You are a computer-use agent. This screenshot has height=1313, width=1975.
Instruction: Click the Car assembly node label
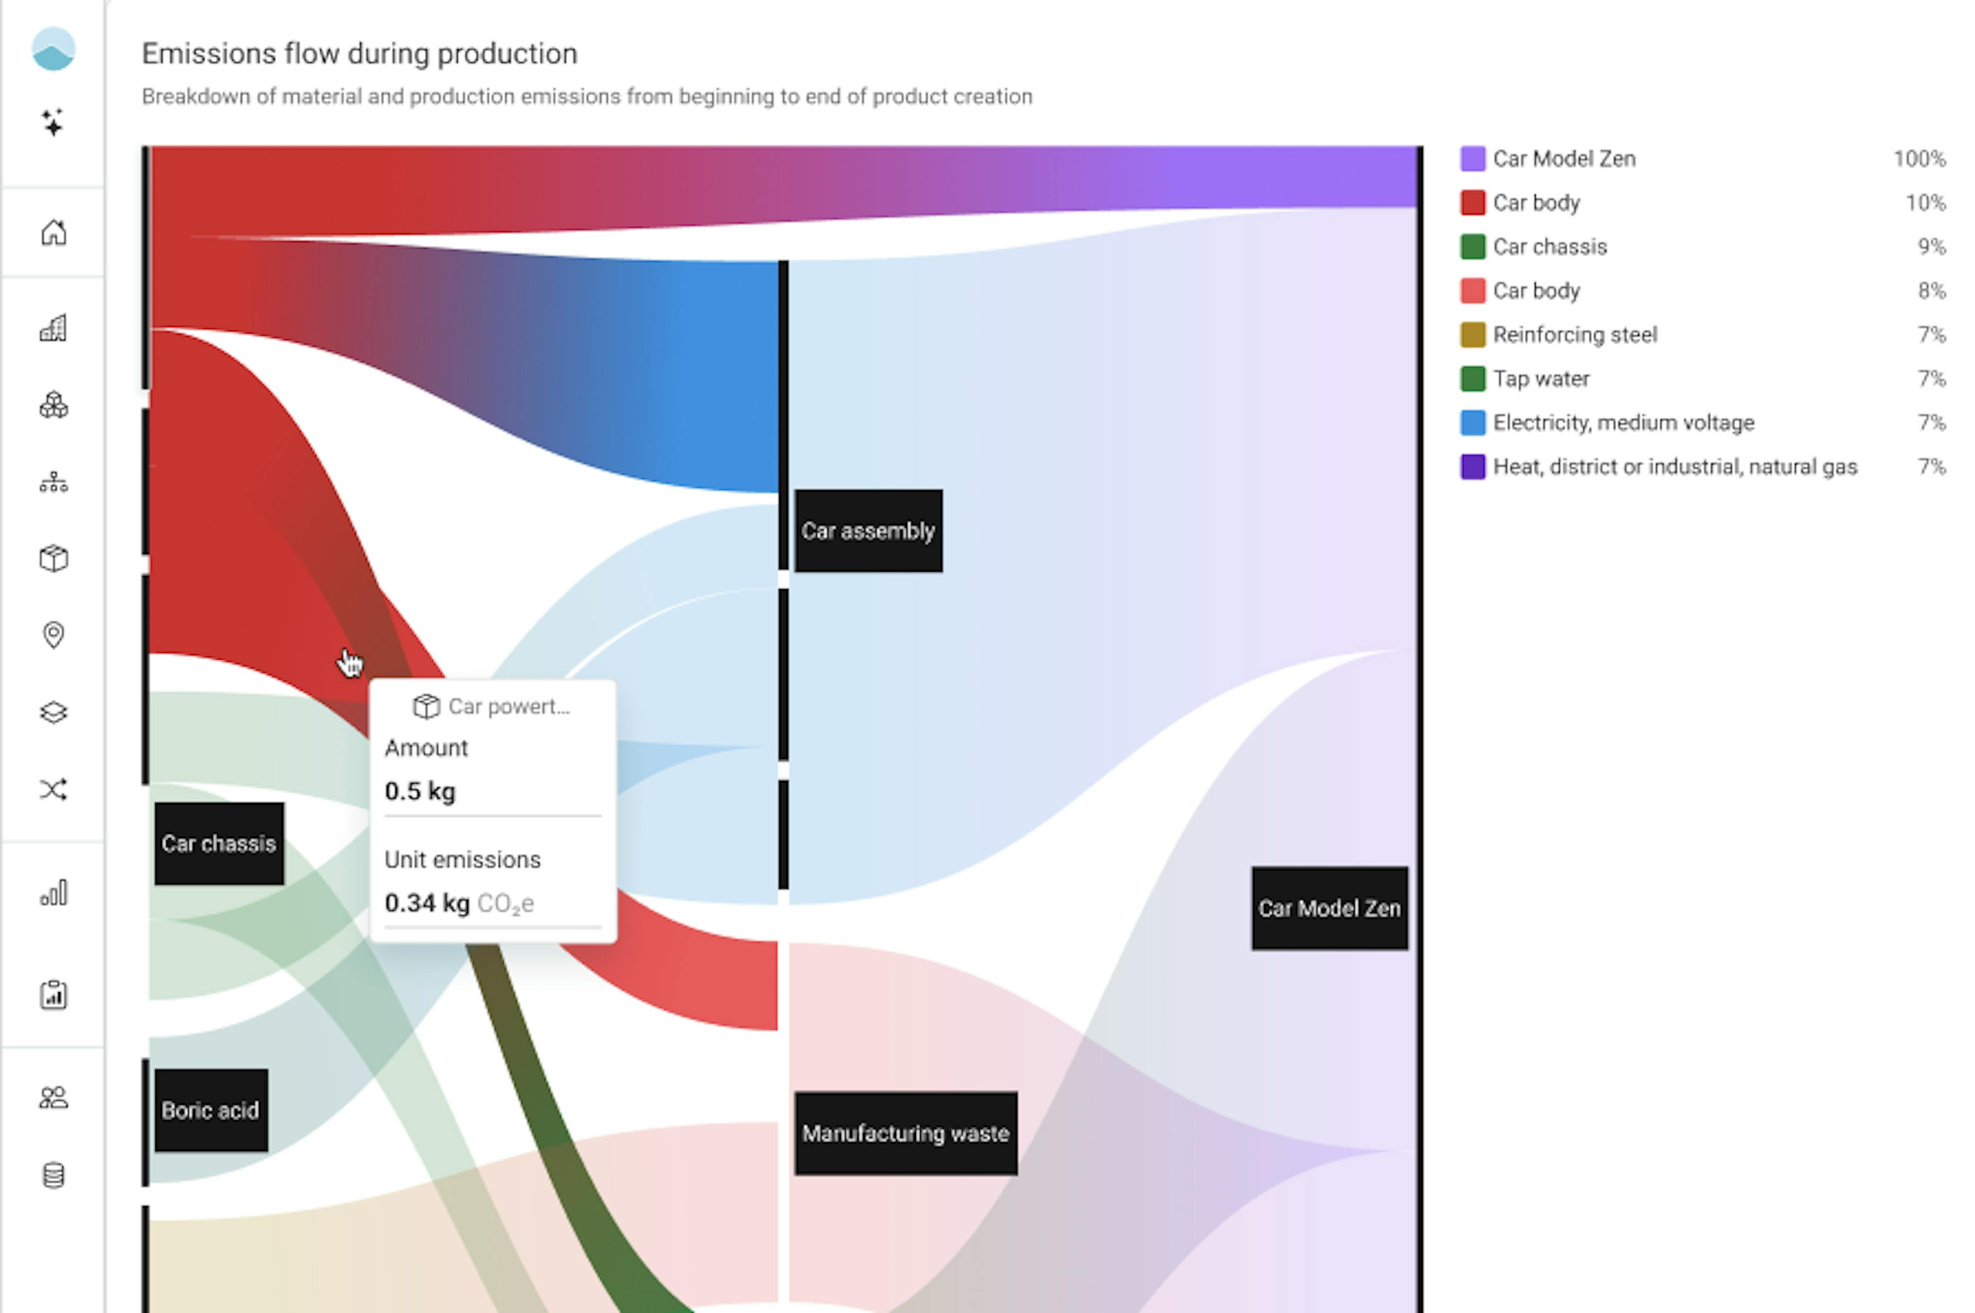point(868,531)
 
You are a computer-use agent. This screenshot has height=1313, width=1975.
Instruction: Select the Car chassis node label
point(219,843)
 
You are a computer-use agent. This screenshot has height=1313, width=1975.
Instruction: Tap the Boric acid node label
point(210,1110)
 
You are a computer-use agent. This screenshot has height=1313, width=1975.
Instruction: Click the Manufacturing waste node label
point(905,1133)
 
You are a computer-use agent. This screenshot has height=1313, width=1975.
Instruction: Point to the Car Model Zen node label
point(1328,908)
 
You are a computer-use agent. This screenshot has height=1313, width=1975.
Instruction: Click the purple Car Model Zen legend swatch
point(1471,159)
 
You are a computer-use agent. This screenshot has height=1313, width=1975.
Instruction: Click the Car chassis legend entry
point(1550,247)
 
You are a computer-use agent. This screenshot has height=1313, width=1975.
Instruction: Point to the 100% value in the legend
point(1919,159)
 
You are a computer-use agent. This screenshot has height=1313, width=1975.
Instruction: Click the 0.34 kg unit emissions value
point(426,903)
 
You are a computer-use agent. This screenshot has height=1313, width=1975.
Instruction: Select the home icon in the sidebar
point(53,232)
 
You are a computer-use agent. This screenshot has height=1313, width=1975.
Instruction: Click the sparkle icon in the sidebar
point(53,123)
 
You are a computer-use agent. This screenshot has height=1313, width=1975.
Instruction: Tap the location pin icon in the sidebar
point(53,635)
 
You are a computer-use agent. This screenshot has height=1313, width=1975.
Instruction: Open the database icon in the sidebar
point(53,1175)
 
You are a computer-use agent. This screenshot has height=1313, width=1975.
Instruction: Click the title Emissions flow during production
point(360,53)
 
